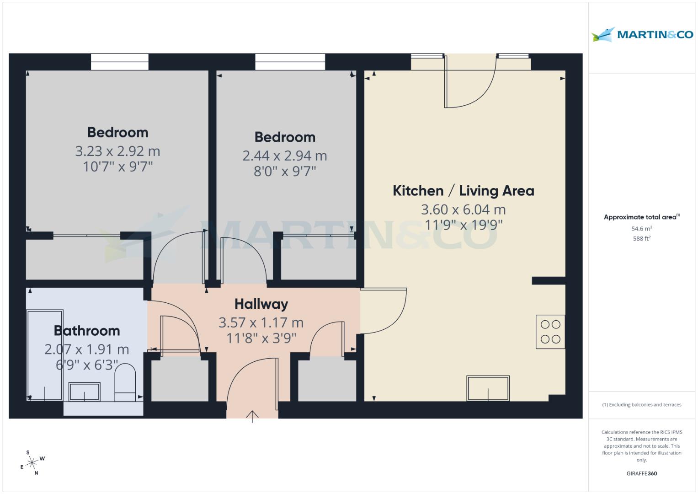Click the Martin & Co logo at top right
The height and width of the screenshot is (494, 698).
click(x=642, y=34)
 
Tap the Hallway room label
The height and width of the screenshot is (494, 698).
click(x=261, y=304)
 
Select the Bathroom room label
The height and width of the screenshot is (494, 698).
click(x=87, y=331)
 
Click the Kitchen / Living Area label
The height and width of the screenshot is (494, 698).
click(x=463, y=191)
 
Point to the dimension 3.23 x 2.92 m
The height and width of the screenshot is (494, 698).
click(x=117, y=151)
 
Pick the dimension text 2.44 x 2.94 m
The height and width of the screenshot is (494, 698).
click(x=284, y=156)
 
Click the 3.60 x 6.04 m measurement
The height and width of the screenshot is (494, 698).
click(x=463, y=209)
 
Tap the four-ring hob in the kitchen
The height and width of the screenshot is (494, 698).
click(x=550, y=332)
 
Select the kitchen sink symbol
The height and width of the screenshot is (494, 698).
click(x=488, y=388)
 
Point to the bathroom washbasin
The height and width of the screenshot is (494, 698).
click(x=84, y=392)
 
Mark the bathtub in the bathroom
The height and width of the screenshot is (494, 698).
click(x=45, y=355)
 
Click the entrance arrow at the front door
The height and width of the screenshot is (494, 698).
click(x=252, y=416)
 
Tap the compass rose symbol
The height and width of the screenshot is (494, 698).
click(x=32, y=463)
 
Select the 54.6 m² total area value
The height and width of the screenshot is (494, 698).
click(x=641, y=229)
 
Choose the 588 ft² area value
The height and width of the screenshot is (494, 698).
click(x=641, y=238)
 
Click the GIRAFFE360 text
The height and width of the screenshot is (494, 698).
click(x=641, y=473)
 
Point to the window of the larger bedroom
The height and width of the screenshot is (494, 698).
click(x=119, y=62)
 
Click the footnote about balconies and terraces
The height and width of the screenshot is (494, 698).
click(x=641, y=405)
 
